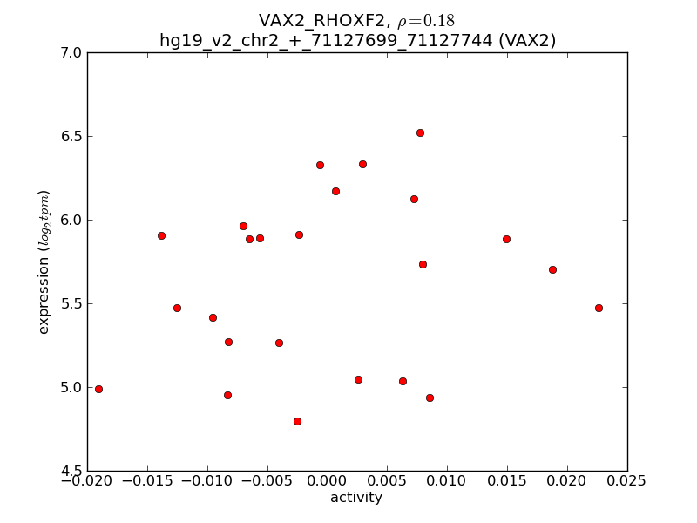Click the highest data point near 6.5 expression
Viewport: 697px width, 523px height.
pyautogui.click(x=420, y=132)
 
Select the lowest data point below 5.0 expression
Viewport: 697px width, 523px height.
pyautogui.click(x=297, y=421)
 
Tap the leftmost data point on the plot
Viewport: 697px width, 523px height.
pyautogui.click(x=98, y=389)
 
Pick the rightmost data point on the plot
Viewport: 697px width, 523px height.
pyautogui.click(x=599, y=308)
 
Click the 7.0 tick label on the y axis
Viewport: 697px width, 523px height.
pyautogui.click(x=71, y=53)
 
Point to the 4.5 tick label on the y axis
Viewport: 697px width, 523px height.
pyautogui.click(x=71, y=472)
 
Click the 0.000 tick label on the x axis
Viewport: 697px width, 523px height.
pyautogui.click(x=327, y=481)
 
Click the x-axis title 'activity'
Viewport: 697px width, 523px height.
pyautogui.click(x=355, y=498)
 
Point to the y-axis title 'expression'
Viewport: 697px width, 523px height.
pyautogui.click(x=44, y=261)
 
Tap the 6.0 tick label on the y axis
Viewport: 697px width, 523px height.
pyautogui.click(x=71, y=221)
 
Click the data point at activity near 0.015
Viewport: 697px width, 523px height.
pyautogui.click(x=506, y=239)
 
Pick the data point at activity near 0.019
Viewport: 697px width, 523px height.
pyautogui.click(x=552, y=269)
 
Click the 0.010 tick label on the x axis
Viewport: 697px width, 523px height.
pyautogui.click(x=447, y=481)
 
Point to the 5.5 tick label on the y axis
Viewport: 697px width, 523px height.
pyautogui.click(x=71, y=304)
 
